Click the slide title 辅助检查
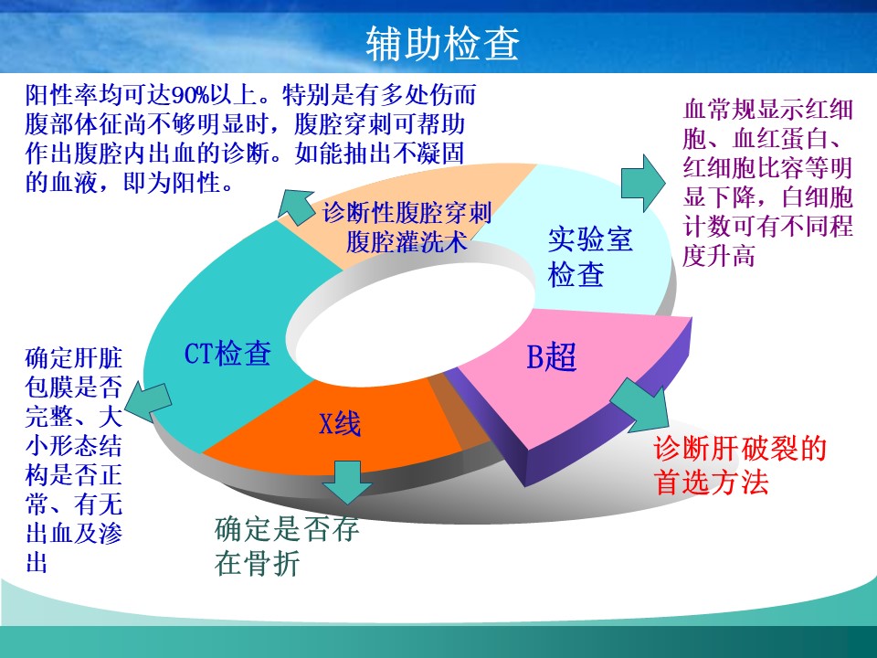coord(442,43)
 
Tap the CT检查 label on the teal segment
coord(227,354)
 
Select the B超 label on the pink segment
coord(552,356)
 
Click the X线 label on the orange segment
coord(340,423)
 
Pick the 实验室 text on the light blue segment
coord(590,239)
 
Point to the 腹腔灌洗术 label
coord(407,242)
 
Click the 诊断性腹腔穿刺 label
coord(407,213)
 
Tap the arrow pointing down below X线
coord(347,482)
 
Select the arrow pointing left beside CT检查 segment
coord(148,402)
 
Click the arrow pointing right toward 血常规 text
coord(643,183)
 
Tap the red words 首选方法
coord(712,482)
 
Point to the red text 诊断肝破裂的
coord(740,449)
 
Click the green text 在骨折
coord(258,563)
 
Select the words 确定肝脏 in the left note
coord(74,358)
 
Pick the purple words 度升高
coord(719,256)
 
